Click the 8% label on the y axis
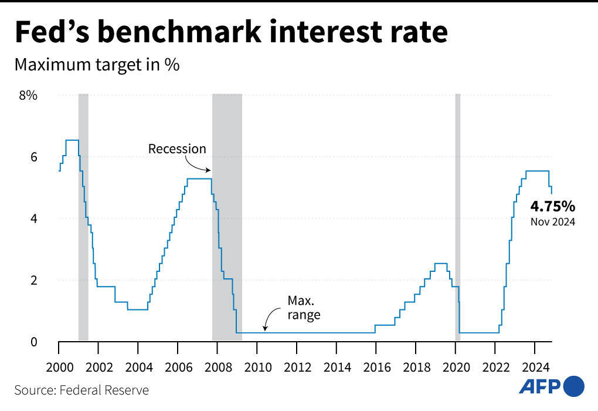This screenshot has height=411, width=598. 28,95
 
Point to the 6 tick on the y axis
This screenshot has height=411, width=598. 33,157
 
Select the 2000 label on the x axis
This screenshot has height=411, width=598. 59,368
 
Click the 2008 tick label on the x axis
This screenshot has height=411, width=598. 217,368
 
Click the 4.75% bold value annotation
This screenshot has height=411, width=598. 552,206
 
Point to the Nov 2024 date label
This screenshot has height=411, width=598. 552,222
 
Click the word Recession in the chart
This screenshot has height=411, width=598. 177,149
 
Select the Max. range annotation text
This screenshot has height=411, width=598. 304,308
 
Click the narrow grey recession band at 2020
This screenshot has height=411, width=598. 458,217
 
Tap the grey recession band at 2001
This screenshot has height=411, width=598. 83,217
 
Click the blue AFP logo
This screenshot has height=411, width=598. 552,386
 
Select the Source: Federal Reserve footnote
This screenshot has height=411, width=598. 81,390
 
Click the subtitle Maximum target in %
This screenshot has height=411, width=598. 97,65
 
